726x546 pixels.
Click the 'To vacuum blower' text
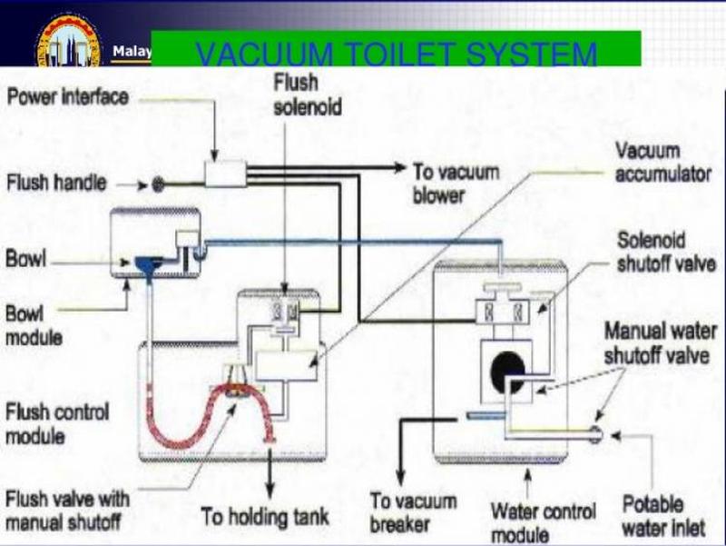pyautogui.click(x=451, y=182)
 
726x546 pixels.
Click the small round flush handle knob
pyautogui.click(x=158, y=184)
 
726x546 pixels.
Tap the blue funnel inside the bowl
pyautogui.click(x=146, y=264)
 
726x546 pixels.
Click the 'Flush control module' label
pyautogui.click(x=57, y=423)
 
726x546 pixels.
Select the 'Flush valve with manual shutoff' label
pyautogui.click(x=67, y=510)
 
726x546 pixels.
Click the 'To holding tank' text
pyautogui.click(x=265, y=517)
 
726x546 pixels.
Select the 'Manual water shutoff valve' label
pyautogui.click(x=660, y=343)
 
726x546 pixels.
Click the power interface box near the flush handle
pyautogui.click(x=226, y=174)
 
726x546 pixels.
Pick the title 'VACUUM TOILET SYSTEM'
pyautogui.click(x=396, y=55)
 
